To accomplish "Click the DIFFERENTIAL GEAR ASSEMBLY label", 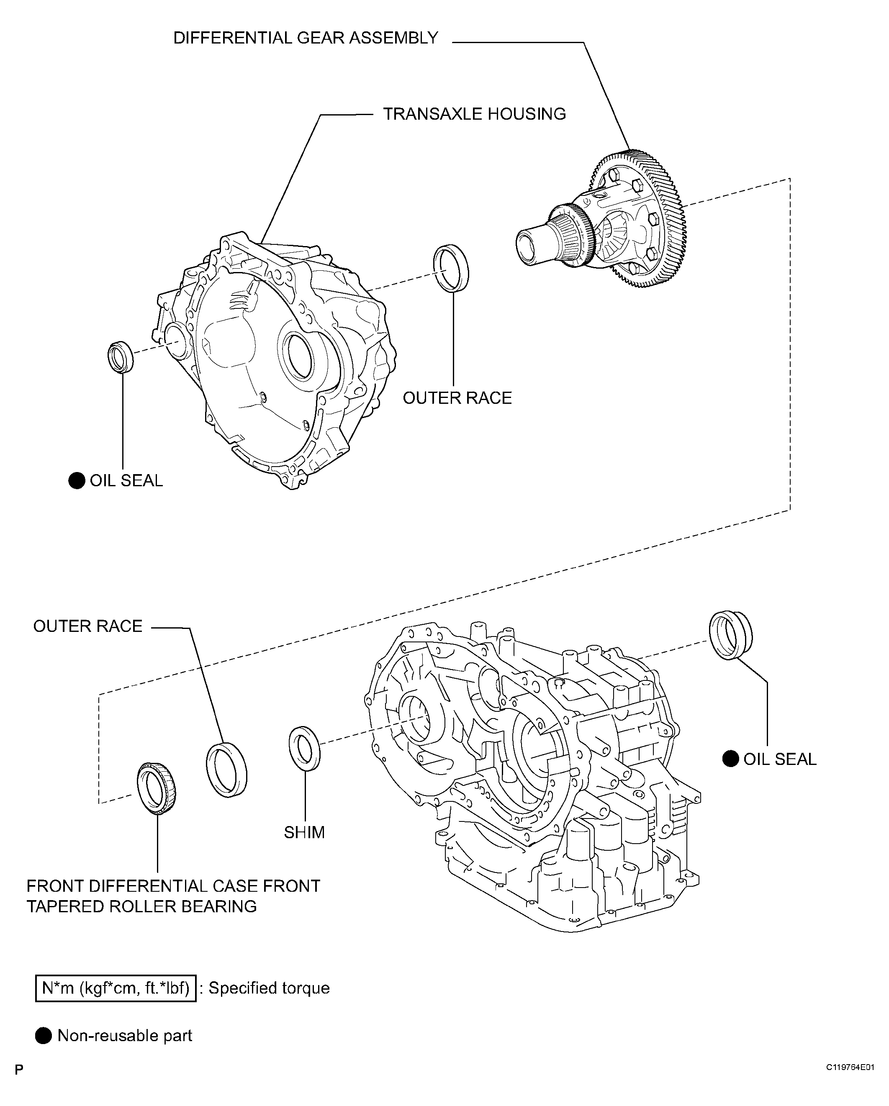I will pyautogui.click(x=306, y=38).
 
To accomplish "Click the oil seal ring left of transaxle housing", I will pyautogui.click(x=121, y=356).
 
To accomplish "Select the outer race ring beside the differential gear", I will pyautogui.click(x=451, y=268).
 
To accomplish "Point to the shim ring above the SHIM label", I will pyautogui.click(x=305, y=748).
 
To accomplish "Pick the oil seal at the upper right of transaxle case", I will pyautogui.click(x=730, y=635).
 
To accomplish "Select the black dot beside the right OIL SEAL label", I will pyautogui.click(x=730, y=759).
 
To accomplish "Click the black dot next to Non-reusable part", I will pyautogui.click(x=44, y=1036).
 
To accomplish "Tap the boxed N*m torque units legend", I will pyautogui.click(x=116, y=988).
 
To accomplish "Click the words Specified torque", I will pyautogui.click(x=269, y=988).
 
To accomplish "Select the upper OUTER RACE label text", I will pyautogui.click(x=457, y=398).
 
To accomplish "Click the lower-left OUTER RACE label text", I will pyautogui.click(x=88, y=626).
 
